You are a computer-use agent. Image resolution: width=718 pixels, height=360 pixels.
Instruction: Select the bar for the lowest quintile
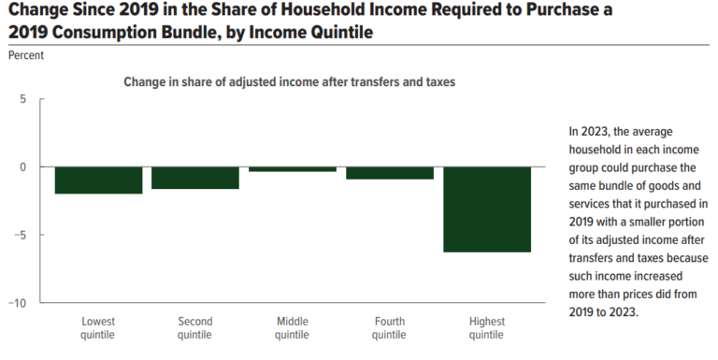coord(98,180)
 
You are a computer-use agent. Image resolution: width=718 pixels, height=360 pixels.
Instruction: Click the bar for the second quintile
coord(195,178)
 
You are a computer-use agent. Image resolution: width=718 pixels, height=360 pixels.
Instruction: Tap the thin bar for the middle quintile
coord(293,169)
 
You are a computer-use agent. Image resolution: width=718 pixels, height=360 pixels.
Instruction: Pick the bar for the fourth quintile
coord(389,173)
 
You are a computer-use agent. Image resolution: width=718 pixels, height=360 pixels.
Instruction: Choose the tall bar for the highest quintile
coord(486,209)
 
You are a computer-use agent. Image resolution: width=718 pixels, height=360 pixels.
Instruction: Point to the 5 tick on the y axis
coord(24,99)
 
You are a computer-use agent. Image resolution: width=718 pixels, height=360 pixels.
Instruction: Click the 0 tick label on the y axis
coord(24,167)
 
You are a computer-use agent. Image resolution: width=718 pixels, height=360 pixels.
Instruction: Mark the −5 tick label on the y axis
coord(21,235)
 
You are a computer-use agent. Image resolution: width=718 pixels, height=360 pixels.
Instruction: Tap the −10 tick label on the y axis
coord(18,303)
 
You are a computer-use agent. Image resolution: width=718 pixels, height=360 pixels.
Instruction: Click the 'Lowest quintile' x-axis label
coord(98,328)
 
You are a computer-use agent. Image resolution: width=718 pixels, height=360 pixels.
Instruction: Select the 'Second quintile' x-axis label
coord(195,328)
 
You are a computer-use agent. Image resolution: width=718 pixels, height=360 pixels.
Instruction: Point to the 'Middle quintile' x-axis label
coord(293,328)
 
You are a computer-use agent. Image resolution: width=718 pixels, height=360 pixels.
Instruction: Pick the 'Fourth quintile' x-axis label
coord(389,328)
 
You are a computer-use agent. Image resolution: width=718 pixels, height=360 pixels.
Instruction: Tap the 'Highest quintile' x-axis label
coord(486,328)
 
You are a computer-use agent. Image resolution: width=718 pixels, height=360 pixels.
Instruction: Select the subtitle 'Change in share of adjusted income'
coord(289,82)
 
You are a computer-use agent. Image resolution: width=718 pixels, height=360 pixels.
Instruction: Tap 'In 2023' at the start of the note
coord(589,131)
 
